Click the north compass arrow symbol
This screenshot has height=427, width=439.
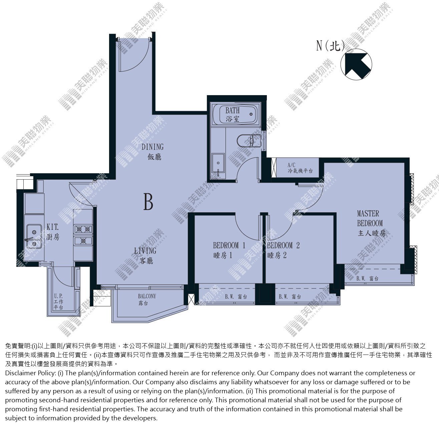(x=356, y=64)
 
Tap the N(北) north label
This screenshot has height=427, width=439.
(x=331, y=46)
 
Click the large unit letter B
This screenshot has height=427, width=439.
(x=148, y=202)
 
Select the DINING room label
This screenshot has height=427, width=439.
(x=153, y=152)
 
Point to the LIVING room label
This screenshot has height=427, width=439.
(x=145, y=256)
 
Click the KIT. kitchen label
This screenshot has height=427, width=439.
(x=53, y=232)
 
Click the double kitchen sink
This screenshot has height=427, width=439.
(x=34, y=236)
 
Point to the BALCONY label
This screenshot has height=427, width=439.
(x=147, y=299)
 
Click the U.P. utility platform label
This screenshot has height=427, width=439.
(x=58, y=301)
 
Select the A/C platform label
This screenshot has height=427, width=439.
(x=300, y=168)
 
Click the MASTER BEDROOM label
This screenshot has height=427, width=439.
(x=371, y=223)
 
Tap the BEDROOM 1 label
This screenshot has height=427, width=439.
(x=229, y=250)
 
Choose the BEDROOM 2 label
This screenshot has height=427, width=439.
(x=283, y=250)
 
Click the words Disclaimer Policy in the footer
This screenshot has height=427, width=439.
(x=30, y=373)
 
